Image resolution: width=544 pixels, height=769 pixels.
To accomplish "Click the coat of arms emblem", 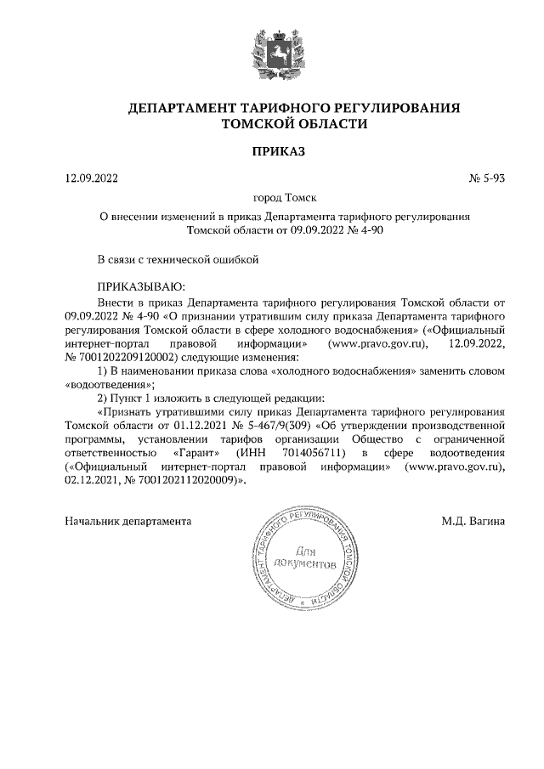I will coord(271,54).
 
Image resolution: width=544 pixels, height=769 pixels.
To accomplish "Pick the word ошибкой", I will coord(232,260).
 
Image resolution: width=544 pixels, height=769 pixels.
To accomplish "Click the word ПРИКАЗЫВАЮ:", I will coord(140,287).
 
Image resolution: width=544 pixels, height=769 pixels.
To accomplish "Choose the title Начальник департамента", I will coord(128,520).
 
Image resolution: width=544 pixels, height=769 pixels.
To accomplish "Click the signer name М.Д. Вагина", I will coord(473,520).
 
